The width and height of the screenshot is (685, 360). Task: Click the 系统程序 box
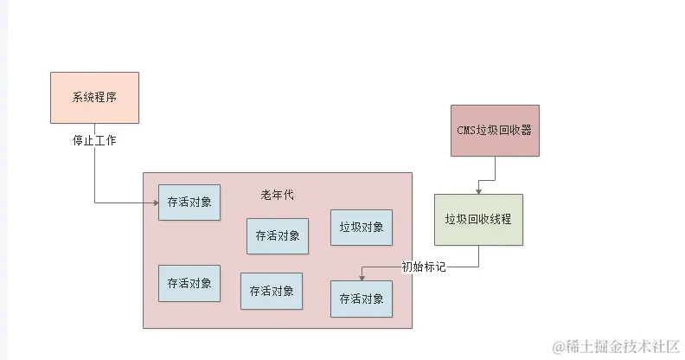tap(94, 97)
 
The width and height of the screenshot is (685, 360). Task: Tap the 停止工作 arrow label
tap(94, 139)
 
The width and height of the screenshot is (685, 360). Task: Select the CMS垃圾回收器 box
tap(495, 131)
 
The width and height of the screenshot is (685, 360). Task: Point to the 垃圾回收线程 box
tap(478, 220)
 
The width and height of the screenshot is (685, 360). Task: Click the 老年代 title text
tap(277, 195)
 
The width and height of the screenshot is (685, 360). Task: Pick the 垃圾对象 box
tap(362, 228)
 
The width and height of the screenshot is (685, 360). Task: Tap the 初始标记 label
tap(424, 267)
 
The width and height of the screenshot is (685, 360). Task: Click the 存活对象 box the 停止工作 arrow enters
tap(189, 202)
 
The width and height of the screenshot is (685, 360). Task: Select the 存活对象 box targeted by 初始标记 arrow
tap(362, 299)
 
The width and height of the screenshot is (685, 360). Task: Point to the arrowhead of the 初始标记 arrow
tap(362, 277)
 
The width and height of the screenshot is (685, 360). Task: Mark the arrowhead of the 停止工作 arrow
tap(154, 203)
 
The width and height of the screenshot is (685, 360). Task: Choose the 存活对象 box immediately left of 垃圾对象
tap(278, 235)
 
